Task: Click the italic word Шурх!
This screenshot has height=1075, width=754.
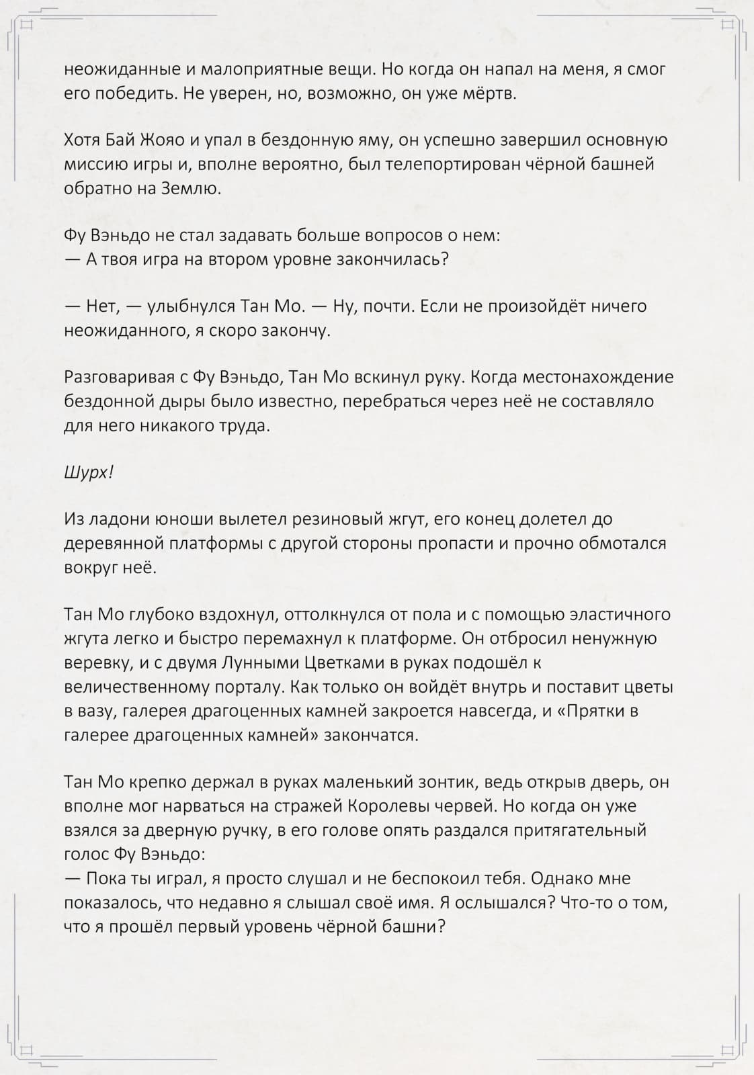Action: click(x=89, y=472)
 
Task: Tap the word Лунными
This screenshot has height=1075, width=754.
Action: click(x=260, y=663)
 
